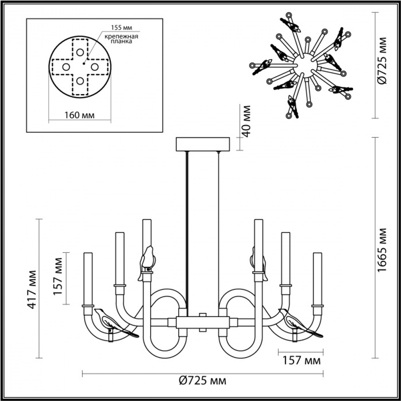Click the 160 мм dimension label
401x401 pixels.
(79, 115)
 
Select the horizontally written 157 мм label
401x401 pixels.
(300, 360)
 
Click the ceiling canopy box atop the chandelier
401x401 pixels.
(203, 144)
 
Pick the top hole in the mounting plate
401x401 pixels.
(80, 52)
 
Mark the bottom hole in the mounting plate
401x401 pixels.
(80, 81)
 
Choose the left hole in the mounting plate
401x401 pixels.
(65, 67)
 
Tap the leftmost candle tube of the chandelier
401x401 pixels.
(88, 279)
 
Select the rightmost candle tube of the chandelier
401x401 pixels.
(318, 279)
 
